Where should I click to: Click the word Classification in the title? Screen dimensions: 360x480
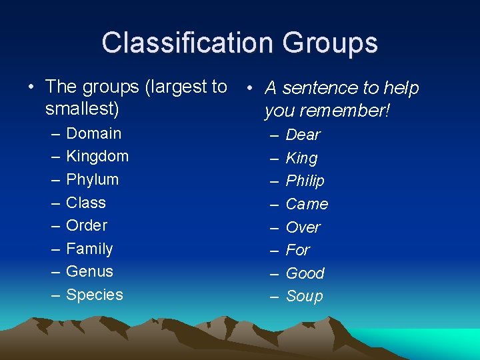coord(188,43)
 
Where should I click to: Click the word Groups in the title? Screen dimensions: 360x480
coord(330,43)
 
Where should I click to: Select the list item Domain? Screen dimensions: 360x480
coord(94,133)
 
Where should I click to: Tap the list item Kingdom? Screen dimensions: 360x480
coord(97,157)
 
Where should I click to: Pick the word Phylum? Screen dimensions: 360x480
coord(93,180)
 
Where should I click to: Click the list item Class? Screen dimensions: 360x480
coord(86,203)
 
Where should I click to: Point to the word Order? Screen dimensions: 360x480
coord(87,225)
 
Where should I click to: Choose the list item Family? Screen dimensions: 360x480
coord(89,249)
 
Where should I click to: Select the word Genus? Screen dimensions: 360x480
coord(90,271)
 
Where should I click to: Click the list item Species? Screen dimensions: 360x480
coord(95,295)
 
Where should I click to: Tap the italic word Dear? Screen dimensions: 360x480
coord(303,135)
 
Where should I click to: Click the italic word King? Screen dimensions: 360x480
coord(302,159)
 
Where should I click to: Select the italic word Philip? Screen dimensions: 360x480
coord(305,181)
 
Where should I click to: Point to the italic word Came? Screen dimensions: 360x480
coord(307,204)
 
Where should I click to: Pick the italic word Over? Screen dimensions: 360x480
coord(303,227)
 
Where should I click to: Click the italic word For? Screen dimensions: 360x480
coord(298,250)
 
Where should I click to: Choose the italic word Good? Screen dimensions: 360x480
coord(305,273)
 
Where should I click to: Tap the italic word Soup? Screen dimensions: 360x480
coord(305,296)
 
